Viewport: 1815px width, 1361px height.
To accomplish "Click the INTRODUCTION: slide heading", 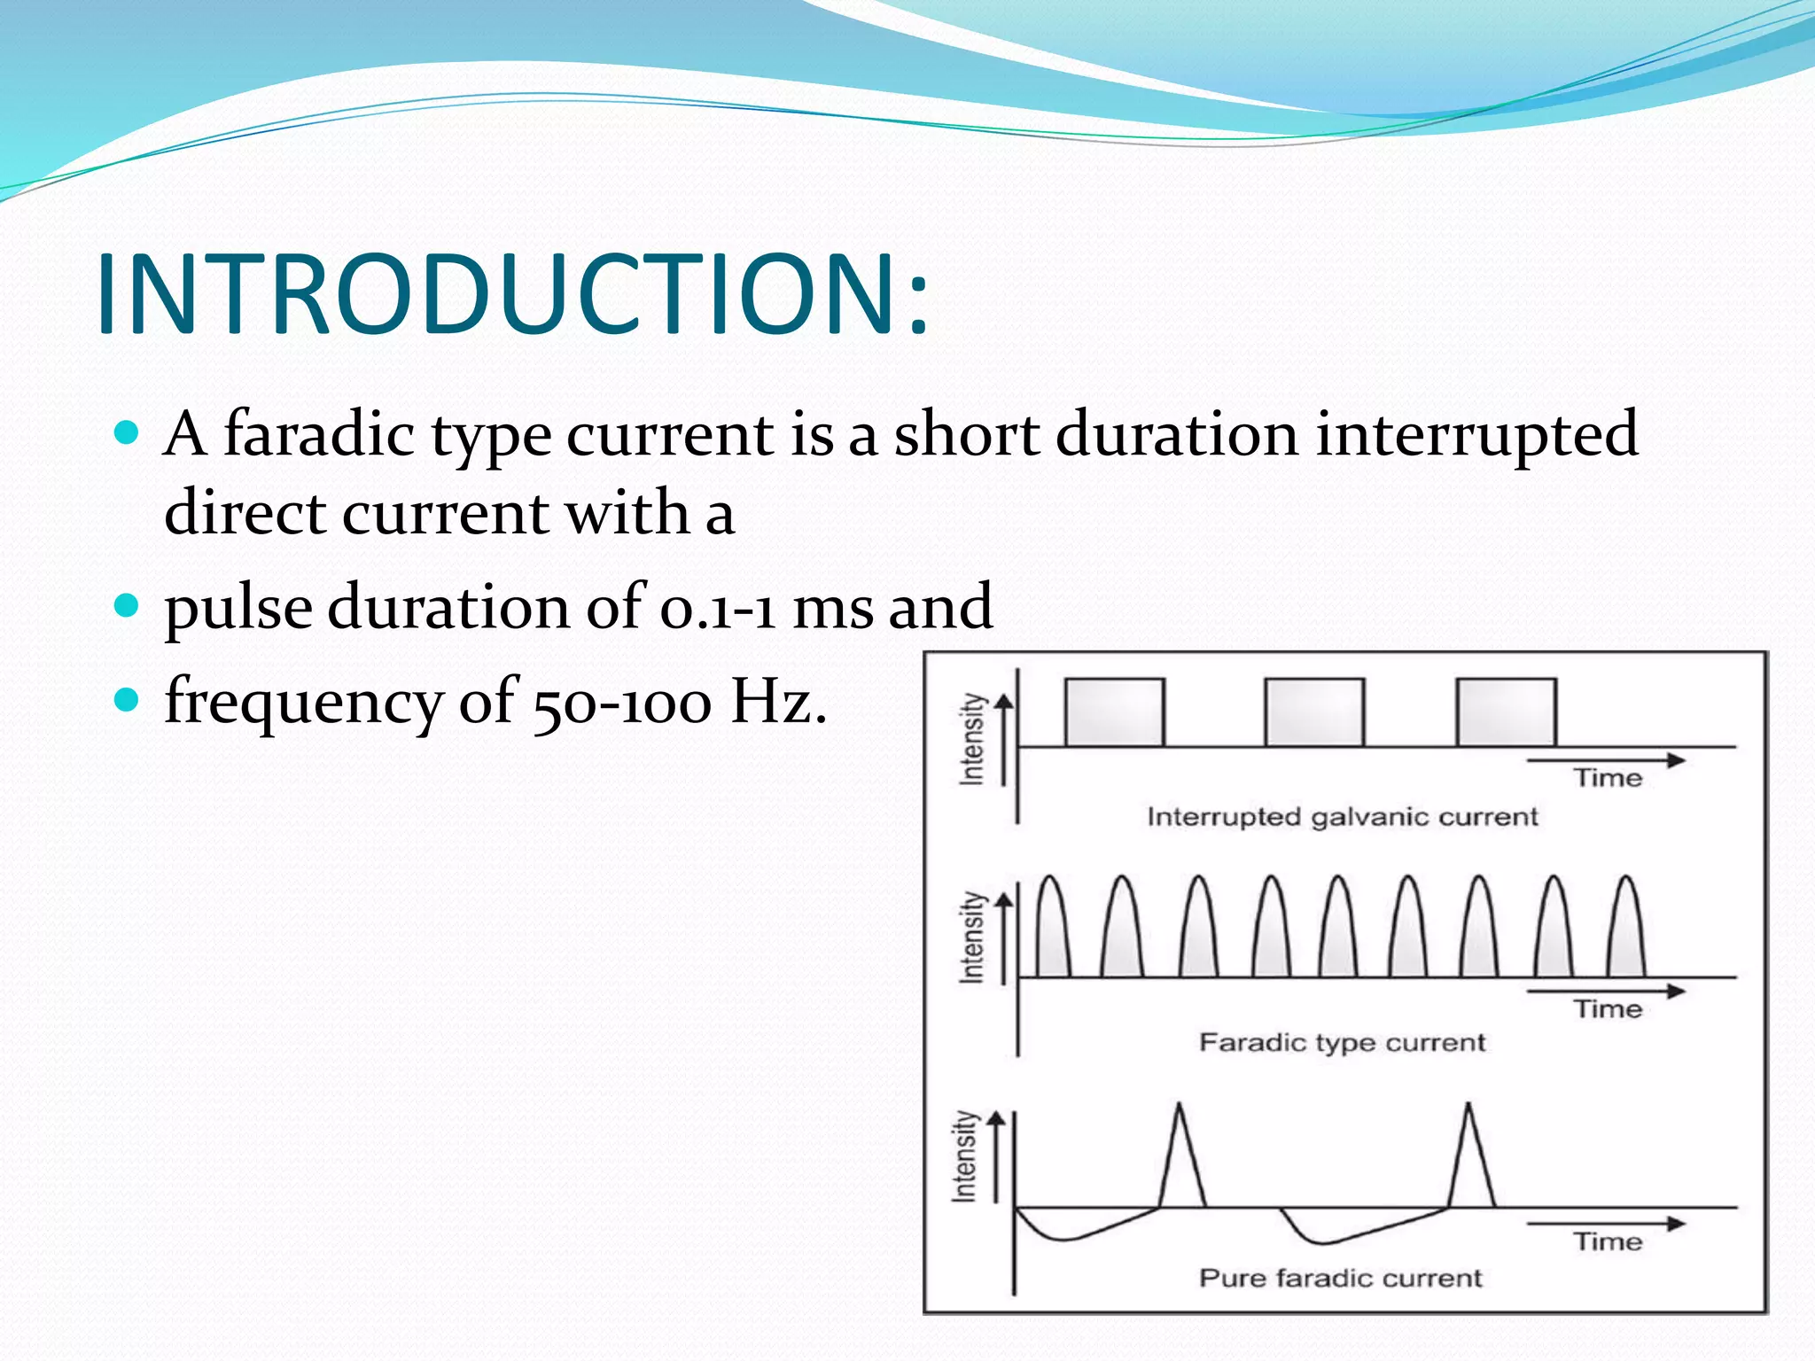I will [512, 294].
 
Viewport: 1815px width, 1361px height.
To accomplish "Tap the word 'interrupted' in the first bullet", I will [1476, 434].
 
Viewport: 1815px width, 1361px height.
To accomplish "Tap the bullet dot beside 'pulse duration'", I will [128, 606].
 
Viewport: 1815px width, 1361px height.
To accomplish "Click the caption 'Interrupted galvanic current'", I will [1342, 816].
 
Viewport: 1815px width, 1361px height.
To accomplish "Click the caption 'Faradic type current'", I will [1342, 1042].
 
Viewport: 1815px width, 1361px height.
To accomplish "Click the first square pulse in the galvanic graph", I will [1114, 712].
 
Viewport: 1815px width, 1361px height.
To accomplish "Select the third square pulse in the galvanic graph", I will [1507, 712].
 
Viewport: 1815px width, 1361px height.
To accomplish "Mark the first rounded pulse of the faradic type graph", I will [1051, 935].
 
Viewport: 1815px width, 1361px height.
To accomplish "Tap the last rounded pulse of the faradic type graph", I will [1626, 935].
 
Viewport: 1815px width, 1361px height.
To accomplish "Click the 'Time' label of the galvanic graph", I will [1608, 778].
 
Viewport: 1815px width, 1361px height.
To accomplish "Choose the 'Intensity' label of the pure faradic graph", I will [965, 1155].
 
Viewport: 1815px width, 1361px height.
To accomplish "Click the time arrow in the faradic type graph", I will [1604, 991].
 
